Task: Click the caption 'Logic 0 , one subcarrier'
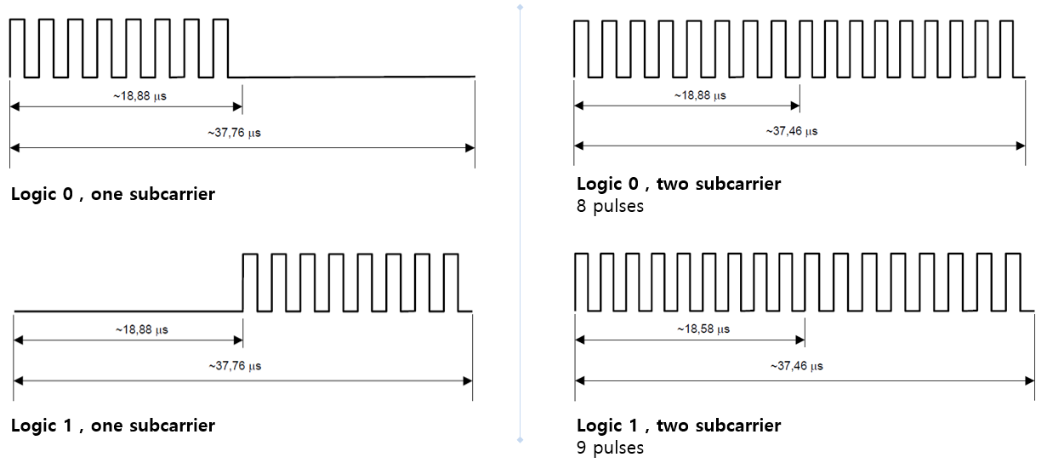(113, 194)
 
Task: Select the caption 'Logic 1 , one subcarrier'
(113, 426)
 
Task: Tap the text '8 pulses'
(610, 206)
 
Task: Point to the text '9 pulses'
(610, 448)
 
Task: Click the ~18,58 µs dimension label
(703, 329)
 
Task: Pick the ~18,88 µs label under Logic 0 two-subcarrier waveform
(699, 95)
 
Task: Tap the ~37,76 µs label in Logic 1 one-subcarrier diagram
(234, 366)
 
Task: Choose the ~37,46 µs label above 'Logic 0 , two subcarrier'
(792, 132)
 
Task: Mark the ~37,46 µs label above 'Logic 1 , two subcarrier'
(796, 366)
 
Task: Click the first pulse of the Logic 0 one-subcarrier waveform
(18, 47)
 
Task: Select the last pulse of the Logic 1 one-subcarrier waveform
(451, 282)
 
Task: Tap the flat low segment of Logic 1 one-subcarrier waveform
(128, 312)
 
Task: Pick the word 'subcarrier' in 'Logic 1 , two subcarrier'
(738, 426)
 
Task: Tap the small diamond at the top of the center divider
(520, 7)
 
